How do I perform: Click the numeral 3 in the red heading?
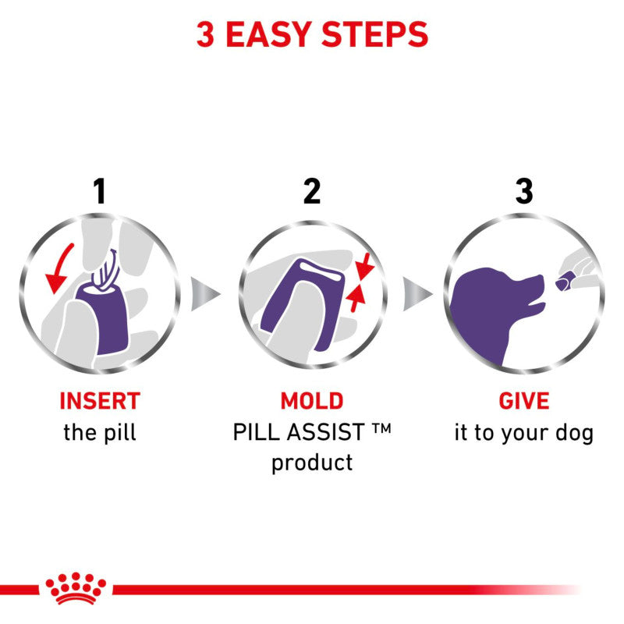(x=205, y=35)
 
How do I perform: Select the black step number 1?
(x=99, y=191)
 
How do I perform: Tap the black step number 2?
(x=311, y=191)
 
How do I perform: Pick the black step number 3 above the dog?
(x=523, y=191)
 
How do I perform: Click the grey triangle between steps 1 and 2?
(x=204, y=293)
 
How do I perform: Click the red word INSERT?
(x=99, y=401)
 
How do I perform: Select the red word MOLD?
(x=311, y=401)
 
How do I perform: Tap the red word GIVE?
(x=523, y=401)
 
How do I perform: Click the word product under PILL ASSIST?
(x=311, y=462)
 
